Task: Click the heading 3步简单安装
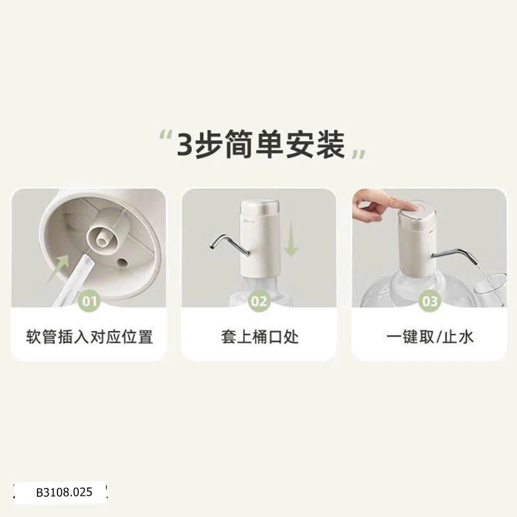261,145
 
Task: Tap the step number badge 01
89,301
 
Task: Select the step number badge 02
259,301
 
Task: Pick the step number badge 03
430,301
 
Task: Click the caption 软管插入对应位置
89,337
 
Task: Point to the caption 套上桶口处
260,337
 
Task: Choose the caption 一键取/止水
430,337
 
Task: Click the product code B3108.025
64,492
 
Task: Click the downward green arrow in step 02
291,238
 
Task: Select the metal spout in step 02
228,245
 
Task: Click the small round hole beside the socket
123,262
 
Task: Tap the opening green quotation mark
165,135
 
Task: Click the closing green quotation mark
359,154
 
